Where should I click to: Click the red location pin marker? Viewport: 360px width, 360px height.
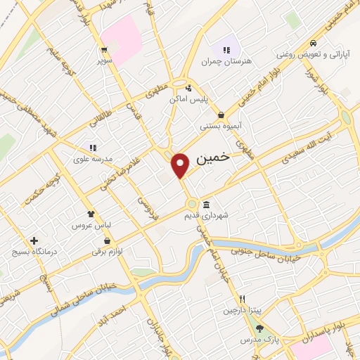click(181, 165)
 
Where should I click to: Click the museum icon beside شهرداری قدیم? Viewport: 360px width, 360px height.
click(206, 205)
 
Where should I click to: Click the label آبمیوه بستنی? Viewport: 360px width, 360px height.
click(221, 127)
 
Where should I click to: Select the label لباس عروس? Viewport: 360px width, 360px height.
click(88, 226)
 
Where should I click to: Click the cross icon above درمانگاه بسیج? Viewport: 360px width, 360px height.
click(33, 240)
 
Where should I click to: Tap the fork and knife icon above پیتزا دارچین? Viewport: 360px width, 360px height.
click(241, 298)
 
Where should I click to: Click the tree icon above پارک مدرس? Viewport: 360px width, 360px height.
click(259, 328)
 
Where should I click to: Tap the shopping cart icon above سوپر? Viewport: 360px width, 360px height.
click(104, 49)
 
